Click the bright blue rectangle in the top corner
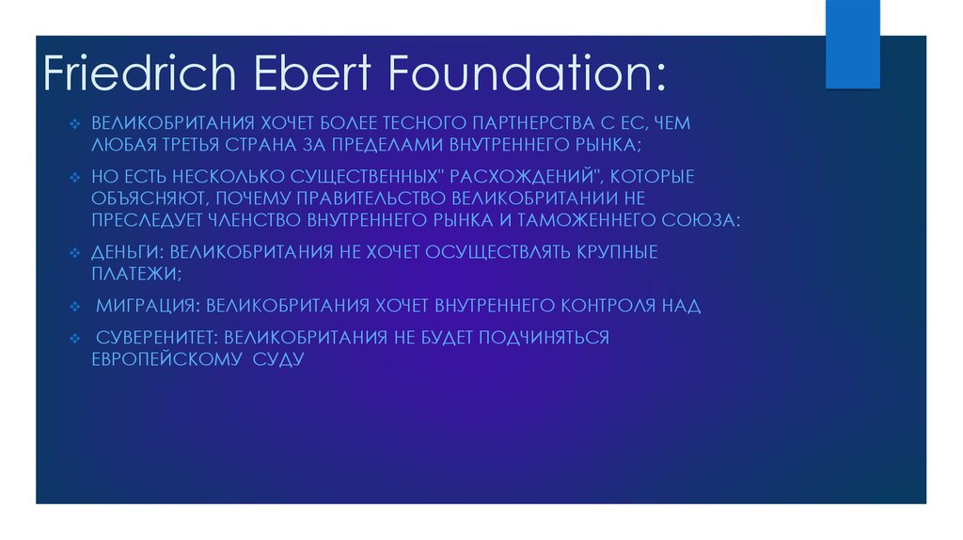coord(852,43)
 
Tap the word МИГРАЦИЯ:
coord(149,306)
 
